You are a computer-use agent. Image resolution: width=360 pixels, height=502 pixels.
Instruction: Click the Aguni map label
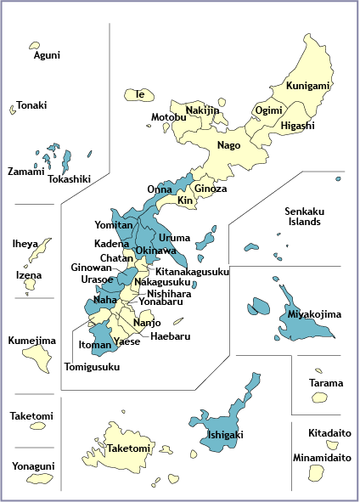(47, 56)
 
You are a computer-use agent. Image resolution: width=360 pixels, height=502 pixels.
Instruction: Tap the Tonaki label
(31, 105)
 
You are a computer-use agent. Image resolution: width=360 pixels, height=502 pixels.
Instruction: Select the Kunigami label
(308, 87)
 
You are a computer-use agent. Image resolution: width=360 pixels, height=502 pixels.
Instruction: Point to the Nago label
(228, 145)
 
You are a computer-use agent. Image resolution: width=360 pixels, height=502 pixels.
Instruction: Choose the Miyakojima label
(314, 314)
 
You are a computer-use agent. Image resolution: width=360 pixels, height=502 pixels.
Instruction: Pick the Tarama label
(326, 383)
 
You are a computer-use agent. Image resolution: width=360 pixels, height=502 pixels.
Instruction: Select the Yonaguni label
(33, 466)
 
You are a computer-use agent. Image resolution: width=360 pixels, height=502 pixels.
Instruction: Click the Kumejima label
(32, 341)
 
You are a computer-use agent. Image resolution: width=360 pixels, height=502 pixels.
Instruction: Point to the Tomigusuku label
(93, 368)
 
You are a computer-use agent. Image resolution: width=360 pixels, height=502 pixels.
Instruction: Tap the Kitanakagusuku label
(192, 272)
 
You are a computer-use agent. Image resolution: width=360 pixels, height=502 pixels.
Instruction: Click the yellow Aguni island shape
(35, 44)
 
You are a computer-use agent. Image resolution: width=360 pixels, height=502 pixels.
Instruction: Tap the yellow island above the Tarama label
(318, 371)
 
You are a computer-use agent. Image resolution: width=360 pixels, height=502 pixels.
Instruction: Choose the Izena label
(29, 275)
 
